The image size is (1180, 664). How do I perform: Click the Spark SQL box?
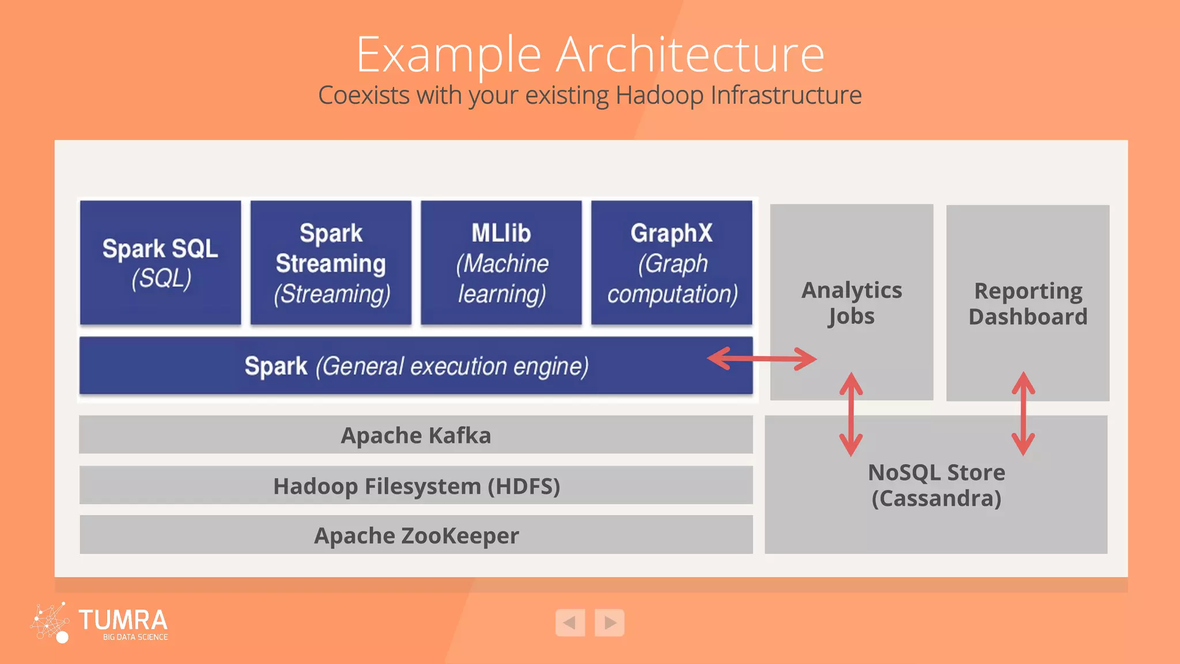click(160, 263)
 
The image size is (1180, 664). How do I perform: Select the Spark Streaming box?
click(331, 263)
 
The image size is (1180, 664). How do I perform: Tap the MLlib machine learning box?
click(501, 263)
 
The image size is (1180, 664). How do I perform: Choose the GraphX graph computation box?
click(671, 263)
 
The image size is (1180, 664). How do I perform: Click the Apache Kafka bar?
click(415, 435)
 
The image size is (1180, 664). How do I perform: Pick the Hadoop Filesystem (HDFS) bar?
click(415, 486)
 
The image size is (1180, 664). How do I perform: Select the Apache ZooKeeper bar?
click(415, 535)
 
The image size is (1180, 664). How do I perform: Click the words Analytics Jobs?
click(851, 303)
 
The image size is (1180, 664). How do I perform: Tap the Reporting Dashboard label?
click(1027, 304)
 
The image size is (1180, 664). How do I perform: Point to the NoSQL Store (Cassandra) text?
click(936, 485)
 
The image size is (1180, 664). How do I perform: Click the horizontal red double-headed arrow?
click(762, 359)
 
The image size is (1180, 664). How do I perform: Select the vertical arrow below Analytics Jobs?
click(851, 414)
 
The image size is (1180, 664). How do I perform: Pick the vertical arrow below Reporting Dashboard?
click(1023, 414)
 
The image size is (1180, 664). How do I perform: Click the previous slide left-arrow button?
click(570, 622)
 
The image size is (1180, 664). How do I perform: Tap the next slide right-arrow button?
click(610, 622)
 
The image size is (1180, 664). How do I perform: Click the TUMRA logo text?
click(123, 620)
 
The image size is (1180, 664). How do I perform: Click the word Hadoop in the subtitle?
click(659, 95)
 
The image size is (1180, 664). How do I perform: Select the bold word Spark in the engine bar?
click(276, 367)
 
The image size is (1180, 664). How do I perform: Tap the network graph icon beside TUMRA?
click(50, 622)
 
